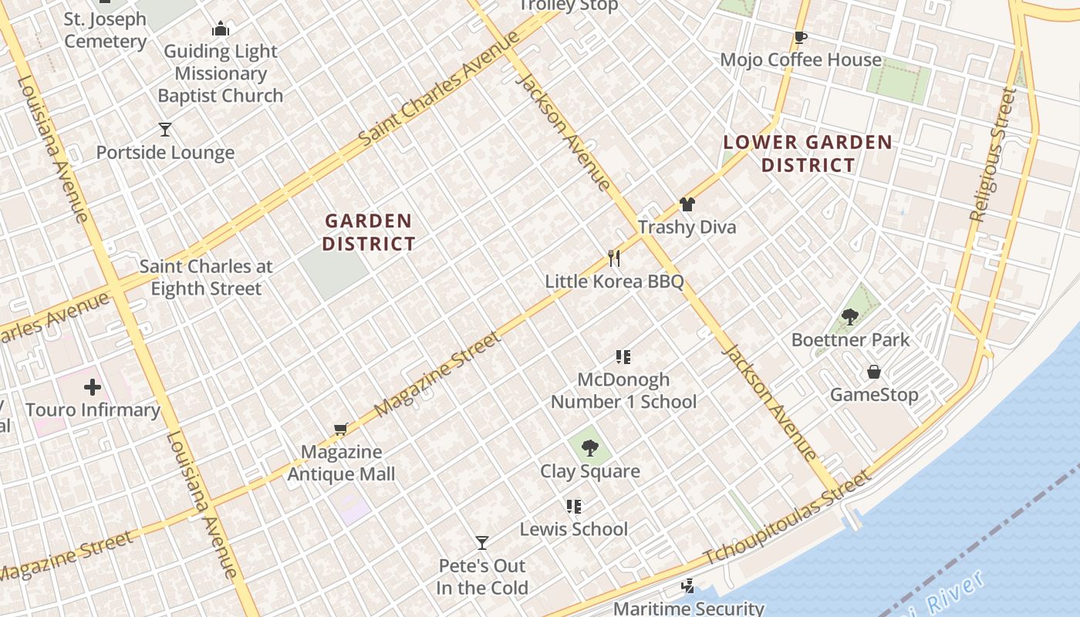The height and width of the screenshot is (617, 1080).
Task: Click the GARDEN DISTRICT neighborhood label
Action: tap(369, 232)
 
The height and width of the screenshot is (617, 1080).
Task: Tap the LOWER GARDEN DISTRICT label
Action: tap(808, 153)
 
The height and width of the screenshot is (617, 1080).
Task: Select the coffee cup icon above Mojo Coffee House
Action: tap(801, 37)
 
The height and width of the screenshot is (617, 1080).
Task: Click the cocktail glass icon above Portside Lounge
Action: tap(164, 129)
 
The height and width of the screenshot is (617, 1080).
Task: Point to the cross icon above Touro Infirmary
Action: tap(93, 386)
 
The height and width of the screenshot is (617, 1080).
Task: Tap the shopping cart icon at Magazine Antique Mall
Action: tap(340, 429)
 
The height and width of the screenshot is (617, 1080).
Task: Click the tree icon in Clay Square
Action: tap(589, 447)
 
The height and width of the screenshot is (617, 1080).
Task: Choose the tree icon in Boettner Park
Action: tap(850, 316)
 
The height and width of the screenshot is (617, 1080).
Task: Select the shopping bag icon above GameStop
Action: tap(873, 372)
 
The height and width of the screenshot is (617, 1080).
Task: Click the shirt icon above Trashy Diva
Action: tap(687, 204)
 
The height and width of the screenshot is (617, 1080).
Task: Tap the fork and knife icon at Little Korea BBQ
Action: tap(614, 258)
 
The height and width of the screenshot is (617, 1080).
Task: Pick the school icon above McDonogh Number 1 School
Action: tap(623, 356)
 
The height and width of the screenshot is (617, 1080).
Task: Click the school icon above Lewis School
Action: tap(573, 506)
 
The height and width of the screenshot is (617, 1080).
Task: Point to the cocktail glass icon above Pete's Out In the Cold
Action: tap(482, 543)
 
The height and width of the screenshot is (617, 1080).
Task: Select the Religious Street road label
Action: tap(993, 154)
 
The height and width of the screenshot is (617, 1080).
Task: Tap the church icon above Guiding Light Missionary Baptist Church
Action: tap(221, 29)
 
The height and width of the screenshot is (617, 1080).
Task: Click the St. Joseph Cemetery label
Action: tap(105, 29)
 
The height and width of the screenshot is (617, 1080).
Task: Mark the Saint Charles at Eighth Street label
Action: tap(206, 278)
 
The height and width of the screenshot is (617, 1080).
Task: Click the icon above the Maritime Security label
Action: tap(687, 586)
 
